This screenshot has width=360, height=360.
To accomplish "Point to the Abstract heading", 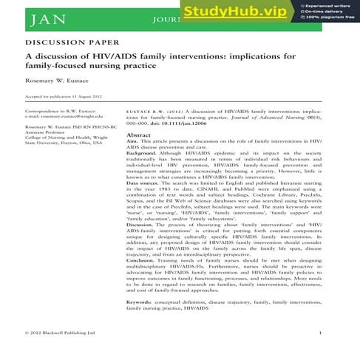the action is click(138, 136).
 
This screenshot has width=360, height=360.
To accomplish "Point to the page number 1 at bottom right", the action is click(319, 333).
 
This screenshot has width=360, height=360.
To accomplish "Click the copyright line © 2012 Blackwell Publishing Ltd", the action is click(60, 333).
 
